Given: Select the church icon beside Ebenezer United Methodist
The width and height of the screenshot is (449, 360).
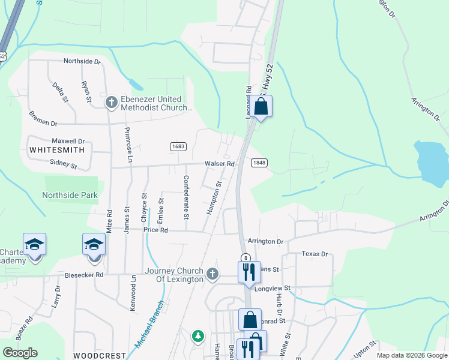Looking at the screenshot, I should [x=110, y=103].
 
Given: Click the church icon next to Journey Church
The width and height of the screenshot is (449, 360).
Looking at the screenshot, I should [x=212, y=274].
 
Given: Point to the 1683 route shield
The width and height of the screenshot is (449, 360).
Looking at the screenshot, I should [x=178, y=146].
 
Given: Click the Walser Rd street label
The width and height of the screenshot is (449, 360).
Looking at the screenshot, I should [x=218, y=163].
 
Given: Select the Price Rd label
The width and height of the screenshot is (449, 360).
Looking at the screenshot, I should [x=155, y=230].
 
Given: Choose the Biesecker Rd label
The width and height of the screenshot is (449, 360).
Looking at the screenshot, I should [x=85, y=275].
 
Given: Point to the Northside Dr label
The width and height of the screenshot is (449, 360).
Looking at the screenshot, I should [x=82, y=61].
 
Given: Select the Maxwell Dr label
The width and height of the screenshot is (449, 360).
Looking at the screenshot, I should [x=68, y=141].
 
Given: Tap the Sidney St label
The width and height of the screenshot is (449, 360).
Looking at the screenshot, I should [x=63, y=163].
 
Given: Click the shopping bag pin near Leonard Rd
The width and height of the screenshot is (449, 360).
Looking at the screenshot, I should [x=261, y=106].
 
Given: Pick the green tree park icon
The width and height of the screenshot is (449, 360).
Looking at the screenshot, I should [x=197, y=336].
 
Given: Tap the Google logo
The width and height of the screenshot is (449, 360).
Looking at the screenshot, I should [x=20, y=353].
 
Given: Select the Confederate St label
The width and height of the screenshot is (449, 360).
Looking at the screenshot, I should [x=186, y=197].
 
